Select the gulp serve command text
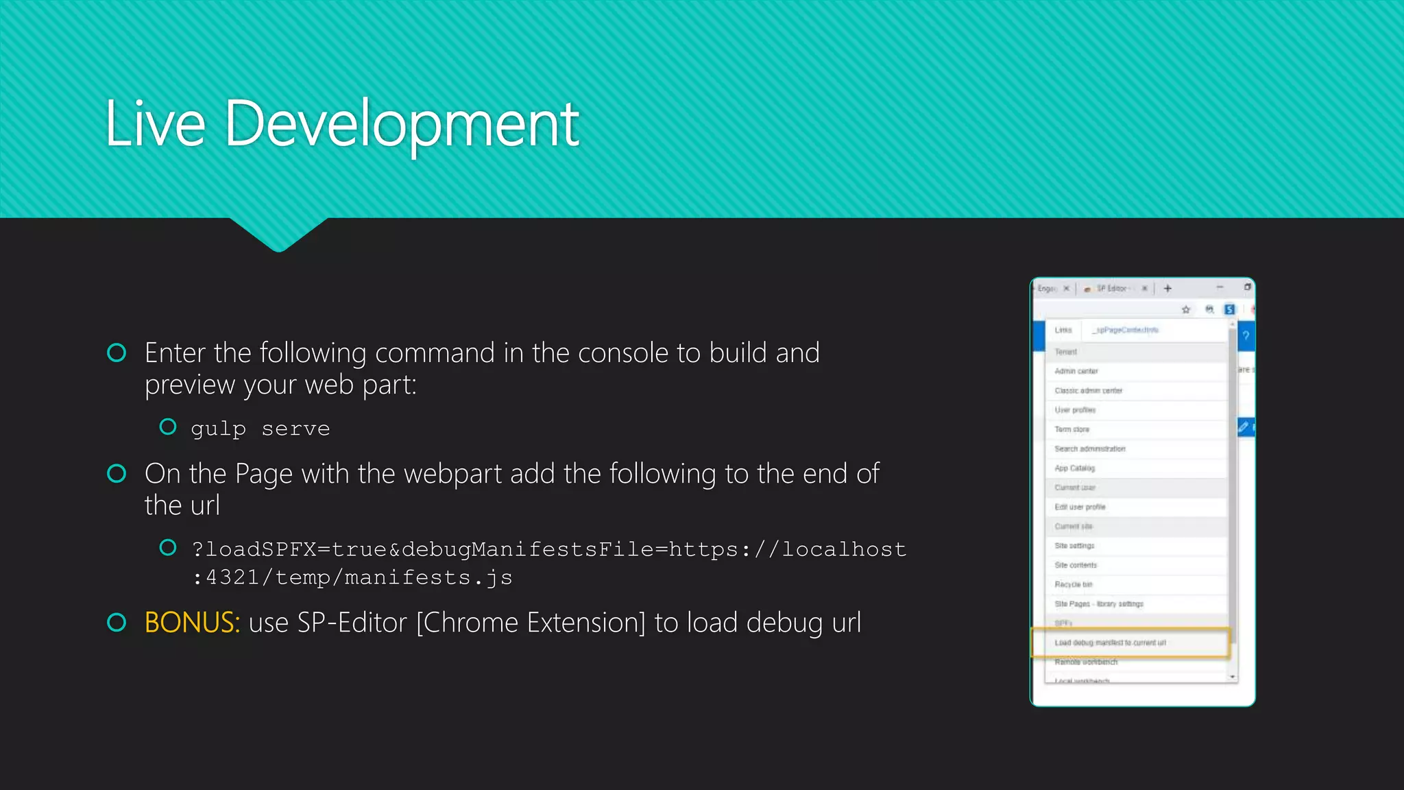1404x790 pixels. pos(261,429)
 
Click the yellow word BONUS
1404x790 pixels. pos(192,623)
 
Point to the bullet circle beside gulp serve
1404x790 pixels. pos(168,427)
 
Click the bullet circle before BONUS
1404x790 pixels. pos(117,622)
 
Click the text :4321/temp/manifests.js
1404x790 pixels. pos(352,577)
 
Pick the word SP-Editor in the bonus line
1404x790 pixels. pos(352,623)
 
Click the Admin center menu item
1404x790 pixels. pos(1076,371)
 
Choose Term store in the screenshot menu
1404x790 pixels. pos(1072,429)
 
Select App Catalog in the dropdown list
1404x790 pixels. pos(1074,468)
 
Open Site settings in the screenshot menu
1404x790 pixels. pos(1074,546)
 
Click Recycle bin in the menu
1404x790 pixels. pos(1073,584)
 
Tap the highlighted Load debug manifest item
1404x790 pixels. pos(1110,643)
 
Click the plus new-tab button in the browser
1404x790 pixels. pos(1167,289)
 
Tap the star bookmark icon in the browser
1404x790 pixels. pos(1186,309)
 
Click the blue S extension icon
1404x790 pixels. pos(1230,309)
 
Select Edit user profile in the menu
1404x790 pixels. pos(1080,507)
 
